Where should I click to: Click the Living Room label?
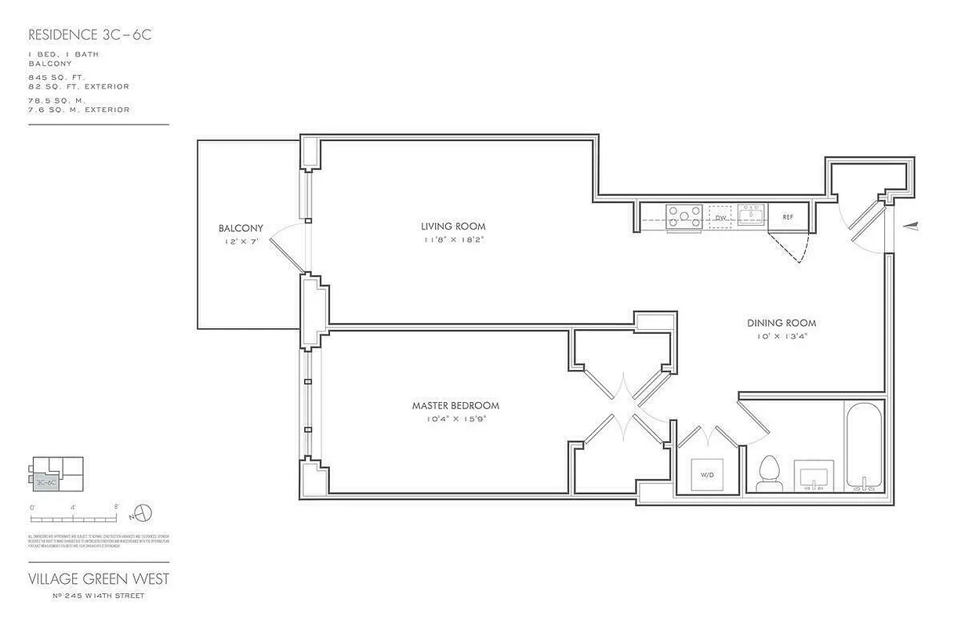448,227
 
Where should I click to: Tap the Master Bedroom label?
455,405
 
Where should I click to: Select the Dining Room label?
781,323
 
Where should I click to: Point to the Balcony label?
241,228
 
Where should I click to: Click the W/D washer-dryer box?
707,473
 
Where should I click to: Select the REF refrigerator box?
788,217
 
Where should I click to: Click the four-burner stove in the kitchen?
684,216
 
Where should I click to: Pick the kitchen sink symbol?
750,215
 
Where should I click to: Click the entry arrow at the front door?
911,226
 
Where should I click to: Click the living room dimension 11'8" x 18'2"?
448,240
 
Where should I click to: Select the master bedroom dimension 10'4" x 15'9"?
455,419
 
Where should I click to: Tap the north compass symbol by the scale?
143,513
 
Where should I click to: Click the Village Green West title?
99,579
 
